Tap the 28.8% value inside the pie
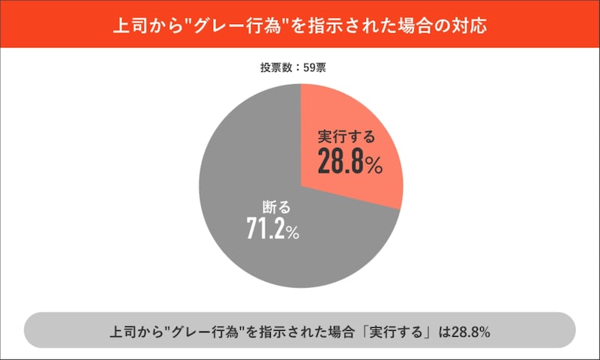349,162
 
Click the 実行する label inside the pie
345,138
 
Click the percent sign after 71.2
292,233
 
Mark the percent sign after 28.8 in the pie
374,166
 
